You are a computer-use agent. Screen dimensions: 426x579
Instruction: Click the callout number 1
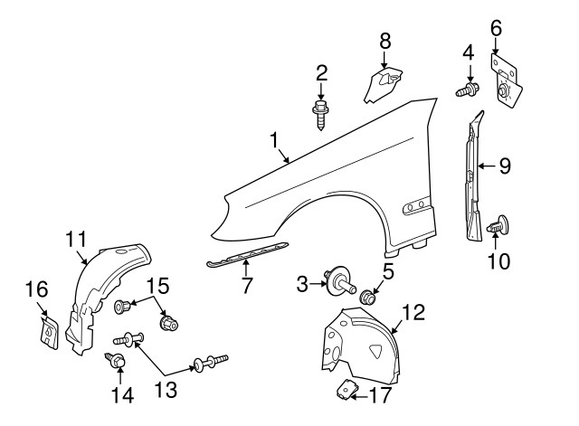pos(272,140)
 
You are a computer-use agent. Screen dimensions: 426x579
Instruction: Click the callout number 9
pos(505,166)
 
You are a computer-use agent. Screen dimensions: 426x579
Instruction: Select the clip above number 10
pos(499,227)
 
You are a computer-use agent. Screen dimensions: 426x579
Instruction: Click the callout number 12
pos(413,313)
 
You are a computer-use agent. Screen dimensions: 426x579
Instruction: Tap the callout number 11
pos(75,239)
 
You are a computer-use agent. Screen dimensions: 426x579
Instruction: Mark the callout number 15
pos(157,287)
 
